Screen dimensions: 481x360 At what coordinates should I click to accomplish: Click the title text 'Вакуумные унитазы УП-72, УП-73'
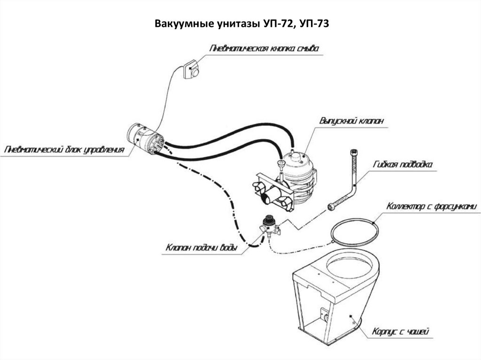tap(242, 24)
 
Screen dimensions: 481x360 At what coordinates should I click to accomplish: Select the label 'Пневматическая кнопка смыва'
tap(264, 48)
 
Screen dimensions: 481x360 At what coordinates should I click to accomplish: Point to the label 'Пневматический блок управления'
tap(64, 150)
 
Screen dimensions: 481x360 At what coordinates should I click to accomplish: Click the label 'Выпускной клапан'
tap(351, 121)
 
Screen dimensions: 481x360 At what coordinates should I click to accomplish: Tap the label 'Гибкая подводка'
tap(403, 165)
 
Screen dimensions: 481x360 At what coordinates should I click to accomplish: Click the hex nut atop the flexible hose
tap(354, 153)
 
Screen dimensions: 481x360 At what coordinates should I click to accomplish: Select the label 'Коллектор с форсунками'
tap(432, 207)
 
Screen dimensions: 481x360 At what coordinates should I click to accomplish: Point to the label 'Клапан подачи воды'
tap(202, 247)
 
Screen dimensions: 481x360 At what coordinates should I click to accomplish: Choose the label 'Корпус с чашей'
tap(400, 331)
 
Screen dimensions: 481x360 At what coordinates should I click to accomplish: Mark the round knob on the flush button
tap(195, 73)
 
